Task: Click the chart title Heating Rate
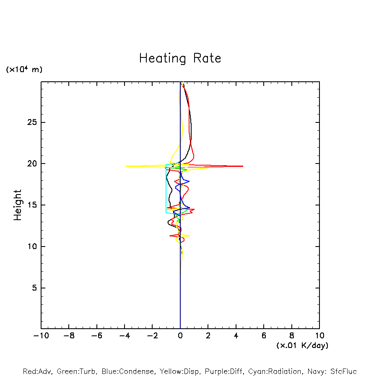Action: tap(180, 58)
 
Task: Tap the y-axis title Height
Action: tap(18, 205)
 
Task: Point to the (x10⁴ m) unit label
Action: tap(24, 70)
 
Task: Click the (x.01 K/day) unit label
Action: tap(302, 345)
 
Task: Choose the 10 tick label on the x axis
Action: tap(319, 336)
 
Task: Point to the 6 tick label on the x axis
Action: tap(264, 336)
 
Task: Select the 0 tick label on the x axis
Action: tap(180, 336)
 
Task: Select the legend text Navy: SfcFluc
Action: tap(332, 371)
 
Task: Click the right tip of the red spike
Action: tap(243, 166)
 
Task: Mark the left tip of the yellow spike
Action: tap(126, 166)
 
